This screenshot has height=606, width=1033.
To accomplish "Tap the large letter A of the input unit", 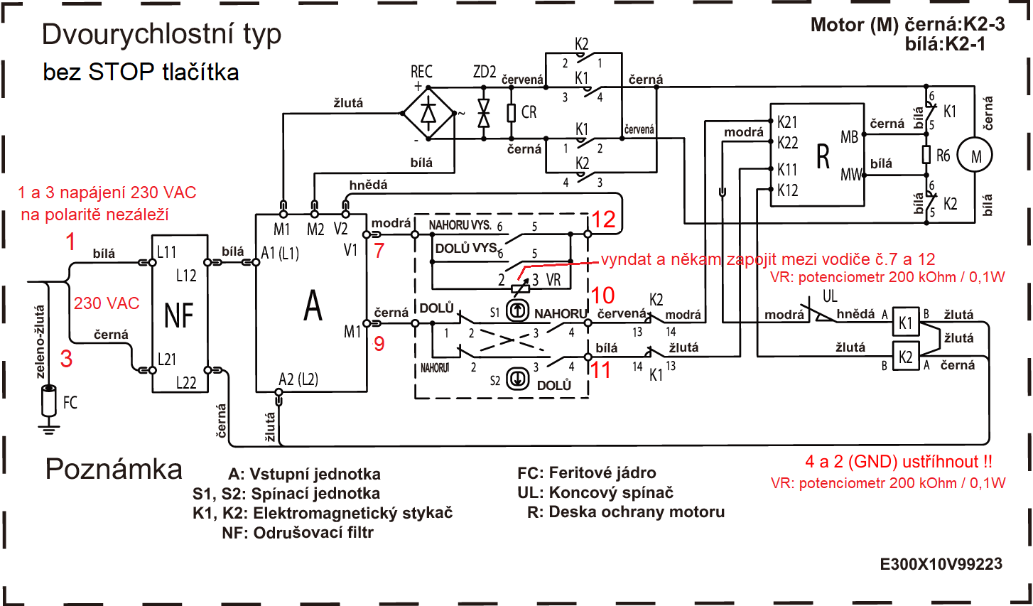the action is [313, 305].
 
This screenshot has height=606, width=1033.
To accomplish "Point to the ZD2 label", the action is [485, 72].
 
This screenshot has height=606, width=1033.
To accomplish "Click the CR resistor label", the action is [529, 112].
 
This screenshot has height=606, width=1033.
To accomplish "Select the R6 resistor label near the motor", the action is [943, 156].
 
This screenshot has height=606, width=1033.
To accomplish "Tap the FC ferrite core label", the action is [70, 403].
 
